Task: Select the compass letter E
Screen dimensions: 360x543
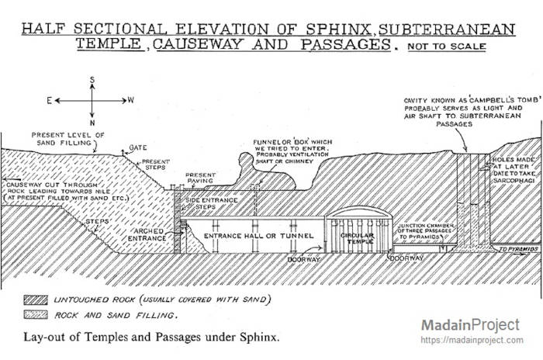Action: coord(50,100)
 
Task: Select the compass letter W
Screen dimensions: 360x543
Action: coord(131,100)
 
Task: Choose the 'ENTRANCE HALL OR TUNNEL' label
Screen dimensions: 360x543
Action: coord(258,234)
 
